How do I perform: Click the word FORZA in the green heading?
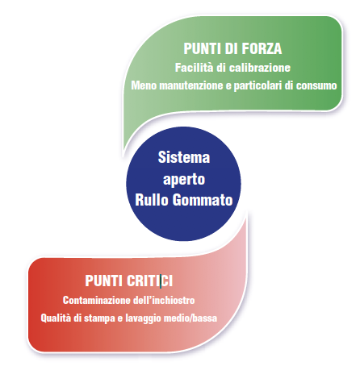[x=262, y=48]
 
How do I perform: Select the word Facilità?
[x=195, y=67]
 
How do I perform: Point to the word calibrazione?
[x=260, y=68]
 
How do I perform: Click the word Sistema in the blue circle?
[x=184, y=157]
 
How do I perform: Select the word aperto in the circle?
[x=184, y=179]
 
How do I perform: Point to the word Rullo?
[x=152, y=200]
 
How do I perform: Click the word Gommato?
[x=203, y=200]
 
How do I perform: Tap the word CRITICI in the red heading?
[x=149, y=281]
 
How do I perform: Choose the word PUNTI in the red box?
[x=104, y=281]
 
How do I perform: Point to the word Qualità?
[x=56, y=318]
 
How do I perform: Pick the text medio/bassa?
[x=190, y=318]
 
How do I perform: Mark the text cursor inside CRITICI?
[x=161, y=281]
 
